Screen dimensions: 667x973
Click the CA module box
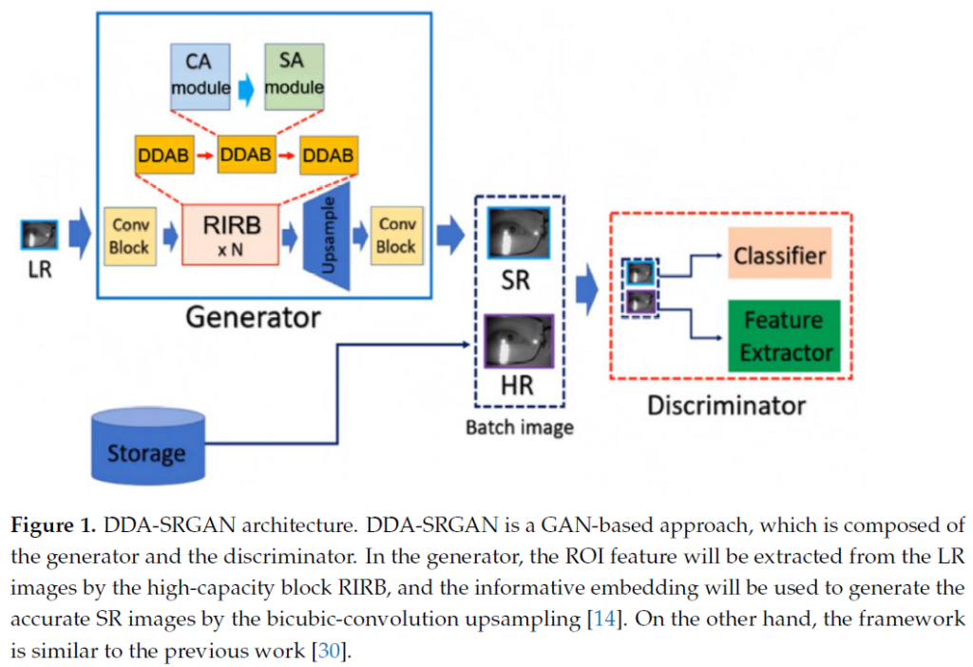(200, 74)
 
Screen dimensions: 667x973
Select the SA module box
(294, 74)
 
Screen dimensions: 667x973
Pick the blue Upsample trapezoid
(327, 235)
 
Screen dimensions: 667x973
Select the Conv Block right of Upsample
(396, 235)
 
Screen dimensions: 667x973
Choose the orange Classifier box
(781, 254)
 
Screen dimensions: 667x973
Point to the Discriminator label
(726, 407)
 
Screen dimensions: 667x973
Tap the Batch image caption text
(519, 428)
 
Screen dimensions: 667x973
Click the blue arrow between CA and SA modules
(247, 86)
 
